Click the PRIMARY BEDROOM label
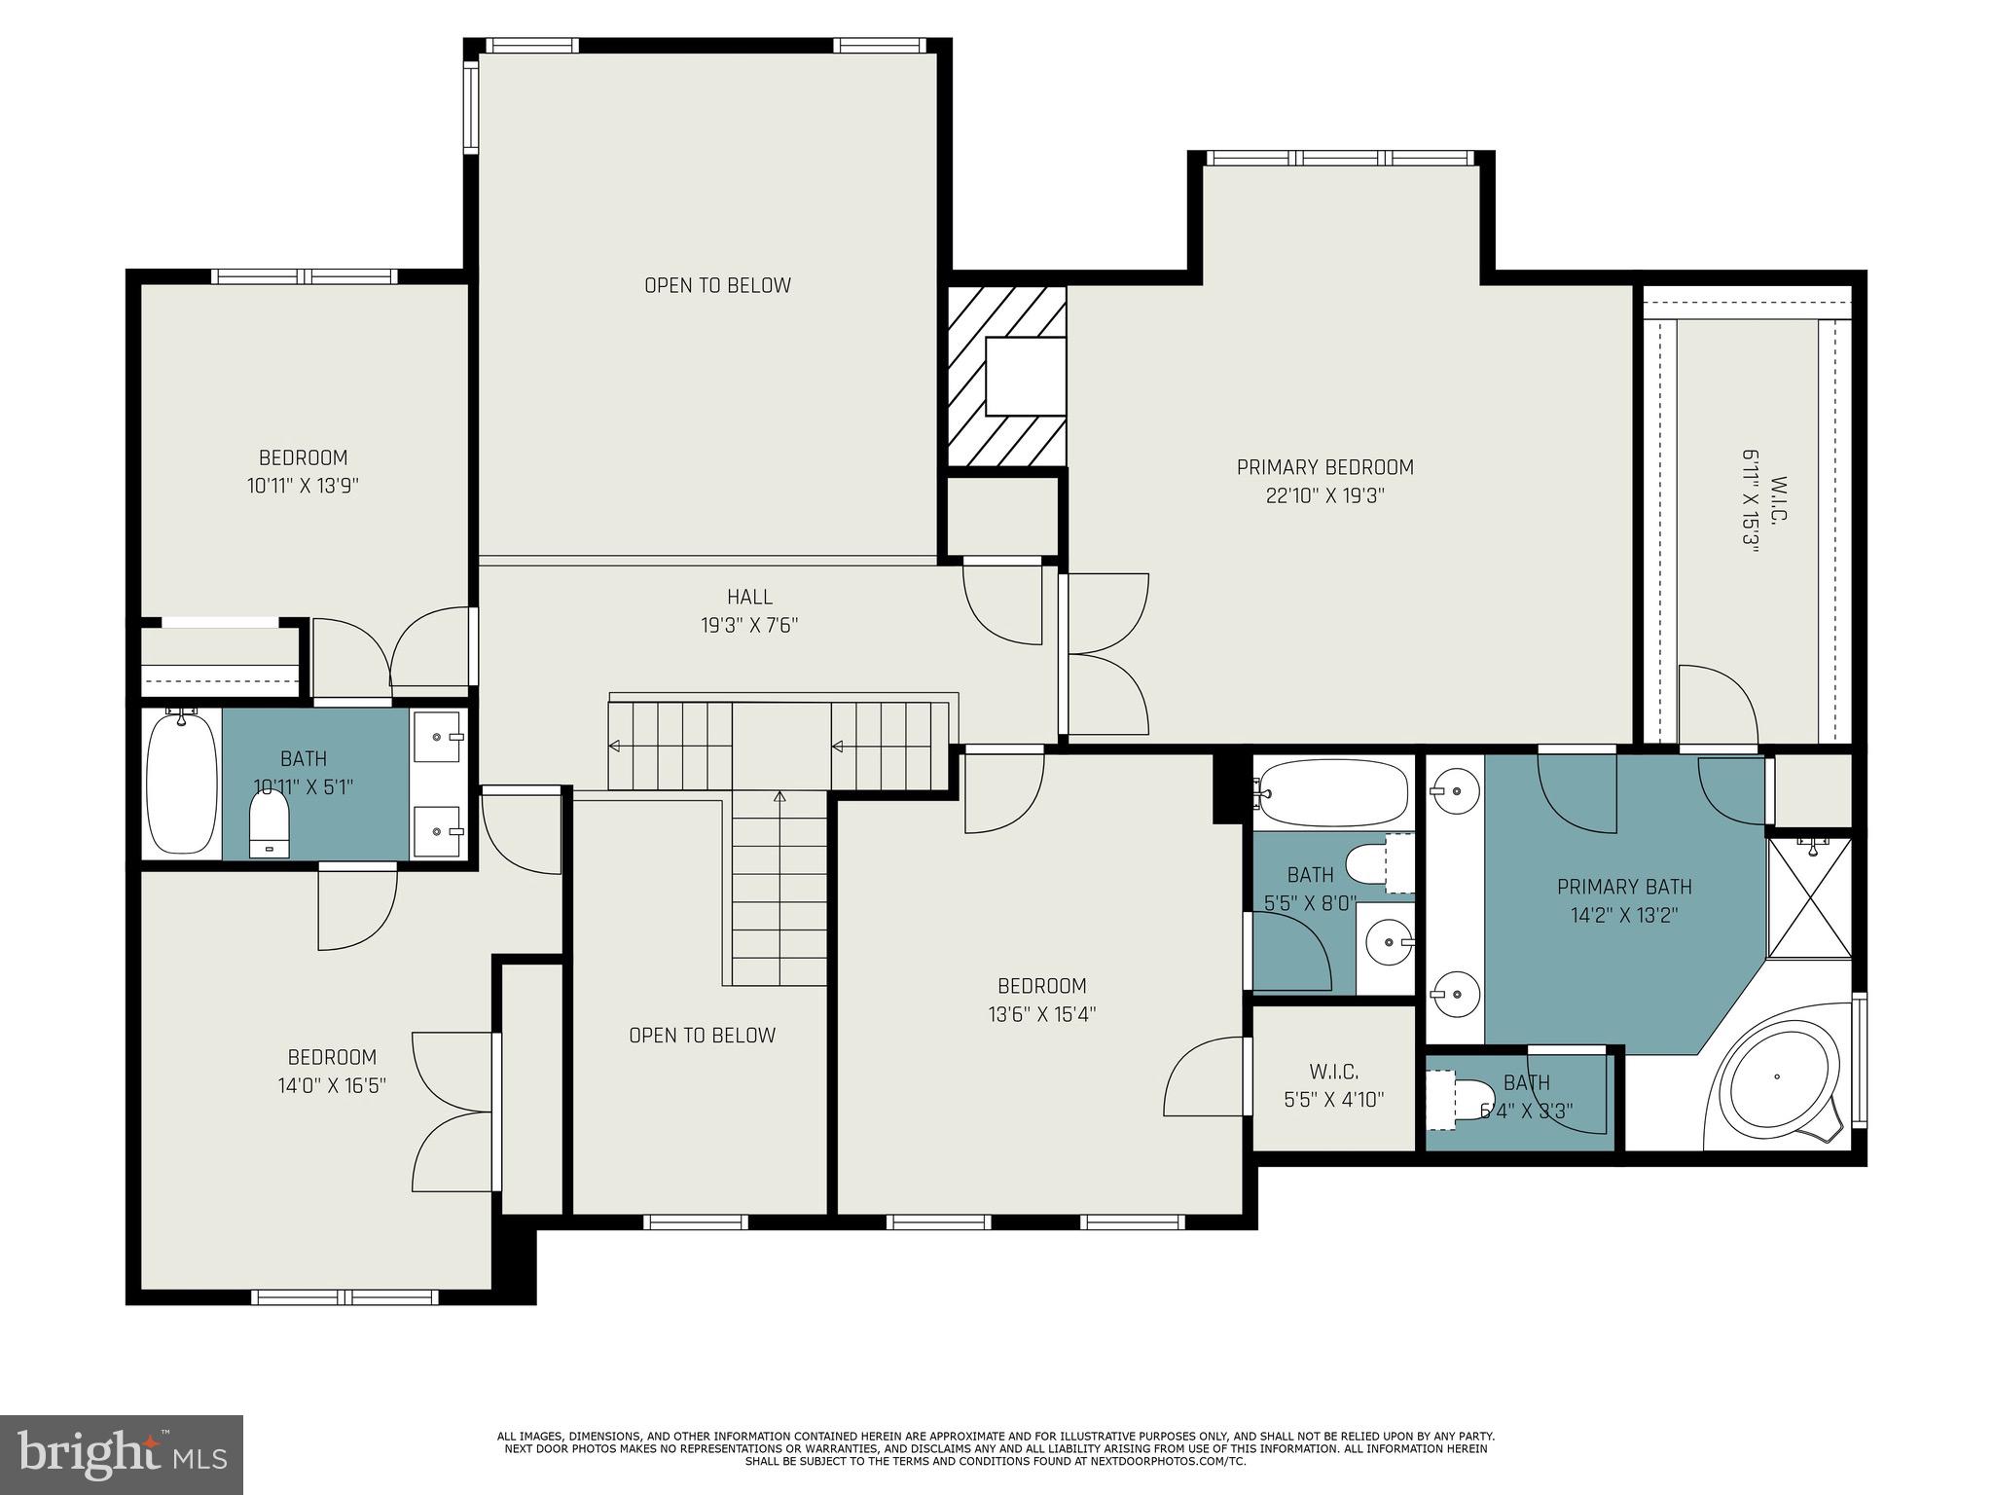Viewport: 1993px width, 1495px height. [1324, 467]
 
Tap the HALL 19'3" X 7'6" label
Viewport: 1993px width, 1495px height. [749, 611]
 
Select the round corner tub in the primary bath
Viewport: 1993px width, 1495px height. [1778, 1077]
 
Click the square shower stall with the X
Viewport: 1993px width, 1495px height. [1810, 896]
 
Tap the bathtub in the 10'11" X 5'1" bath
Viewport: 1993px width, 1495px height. [182, 784]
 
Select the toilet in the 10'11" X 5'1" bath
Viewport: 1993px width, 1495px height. [270, 823]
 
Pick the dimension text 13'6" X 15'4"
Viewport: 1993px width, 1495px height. [1042, 1014]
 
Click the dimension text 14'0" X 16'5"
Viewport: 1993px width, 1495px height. [332, 1085]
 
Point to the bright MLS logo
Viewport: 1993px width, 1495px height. [122, 1454]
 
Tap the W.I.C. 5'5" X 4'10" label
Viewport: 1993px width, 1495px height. [1333, 1086]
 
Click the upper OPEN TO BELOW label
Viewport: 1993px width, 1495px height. [718, 285]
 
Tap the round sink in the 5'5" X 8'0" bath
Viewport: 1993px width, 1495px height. [1387, 942]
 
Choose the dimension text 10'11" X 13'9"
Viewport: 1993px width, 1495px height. [304, 486]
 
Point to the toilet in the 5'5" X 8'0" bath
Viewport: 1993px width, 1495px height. [1376, 861]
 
